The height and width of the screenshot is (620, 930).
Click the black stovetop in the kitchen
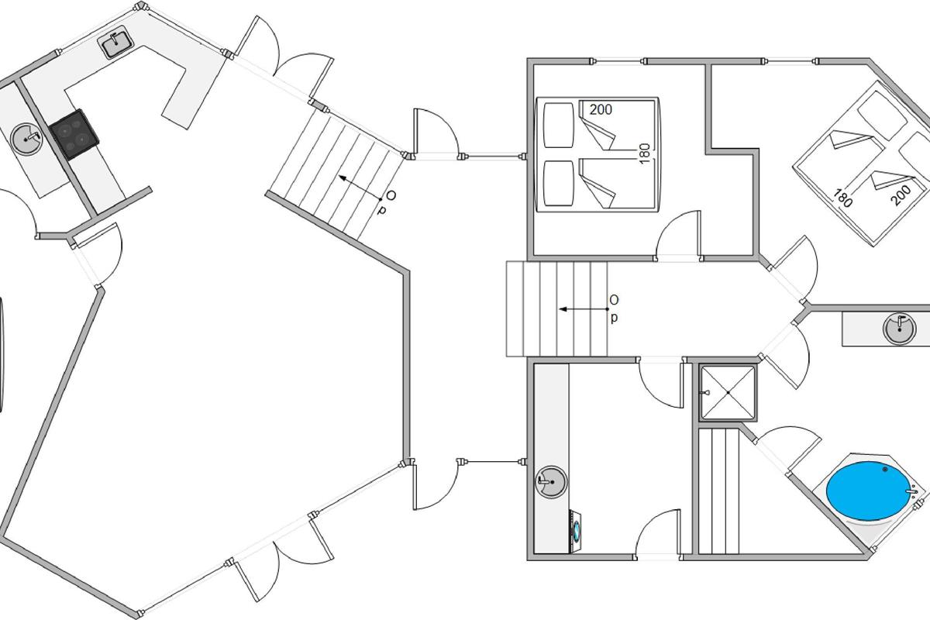[74, 135]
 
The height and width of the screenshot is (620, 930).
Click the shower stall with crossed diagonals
[728, 392]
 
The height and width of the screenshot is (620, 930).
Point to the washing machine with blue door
[576, 532]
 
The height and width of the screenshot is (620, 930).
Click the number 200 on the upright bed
[601, 109]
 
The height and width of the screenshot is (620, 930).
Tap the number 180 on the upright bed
[644, 153]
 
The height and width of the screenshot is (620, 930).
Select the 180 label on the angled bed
[842, 198]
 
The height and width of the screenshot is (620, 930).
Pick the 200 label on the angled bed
[901, 195]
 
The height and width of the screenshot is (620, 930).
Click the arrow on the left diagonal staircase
[360, 188]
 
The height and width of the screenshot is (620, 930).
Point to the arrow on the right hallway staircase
[584, 309]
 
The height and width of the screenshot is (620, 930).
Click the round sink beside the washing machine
[550, 482]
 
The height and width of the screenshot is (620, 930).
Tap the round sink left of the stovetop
[26, 139]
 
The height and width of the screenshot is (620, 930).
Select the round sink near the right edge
[899, 329]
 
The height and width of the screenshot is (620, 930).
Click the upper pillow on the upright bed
[559, 125]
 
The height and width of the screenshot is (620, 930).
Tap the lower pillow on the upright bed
[559, 184]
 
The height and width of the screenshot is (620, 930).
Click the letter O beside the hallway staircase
[614, 299]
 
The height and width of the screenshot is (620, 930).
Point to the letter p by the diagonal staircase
[381, 209]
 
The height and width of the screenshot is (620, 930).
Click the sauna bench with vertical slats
[719, 491]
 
